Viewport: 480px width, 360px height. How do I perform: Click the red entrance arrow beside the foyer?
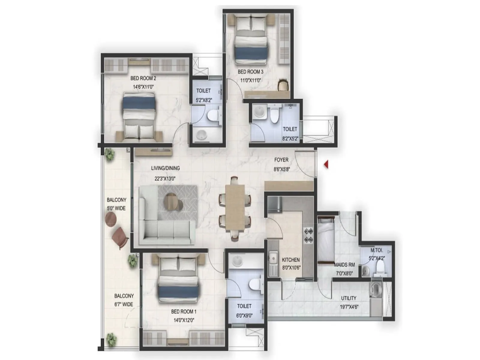click(x=326, y=164)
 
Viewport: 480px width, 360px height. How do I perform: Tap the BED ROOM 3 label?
click(x=250, y=72)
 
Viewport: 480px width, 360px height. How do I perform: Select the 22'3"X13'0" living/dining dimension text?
click(x=165, y=178)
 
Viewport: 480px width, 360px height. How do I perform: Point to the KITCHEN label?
click(x=291, y=260)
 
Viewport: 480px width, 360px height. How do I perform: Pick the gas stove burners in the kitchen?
click(x=308, y=235)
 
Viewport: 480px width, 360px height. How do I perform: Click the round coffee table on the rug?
click(x=173, y=202)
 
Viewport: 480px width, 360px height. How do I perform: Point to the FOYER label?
click(x=281, y=160)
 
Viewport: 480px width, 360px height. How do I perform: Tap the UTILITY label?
click(x=349, y=298)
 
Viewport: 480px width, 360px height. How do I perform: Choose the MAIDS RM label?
click(x=344, y=265)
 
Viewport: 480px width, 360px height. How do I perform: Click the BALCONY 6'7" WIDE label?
click(x=124, y=300)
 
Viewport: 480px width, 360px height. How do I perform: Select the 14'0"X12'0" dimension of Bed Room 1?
click(x=184, y=320)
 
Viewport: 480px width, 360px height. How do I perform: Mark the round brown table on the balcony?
click(x=111, y=219)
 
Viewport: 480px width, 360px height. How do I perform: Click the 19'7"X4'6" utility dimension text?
click(x=349, y=307)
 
